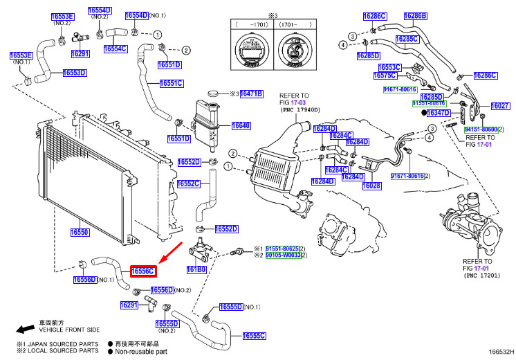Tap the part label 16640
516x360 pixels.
241,126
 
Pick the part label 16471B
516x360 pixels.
251,93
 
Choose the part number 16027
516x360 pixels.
500,106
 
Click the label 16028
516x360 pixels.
371,186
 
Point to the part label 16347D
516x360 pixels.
437,112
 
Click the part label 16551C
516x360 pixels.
172,83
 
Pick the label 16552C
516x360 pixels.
188,183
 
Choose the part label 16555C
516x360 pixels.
254,336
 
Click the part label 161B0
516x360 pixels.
196,269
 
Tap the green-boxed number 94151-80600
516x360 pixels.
480,129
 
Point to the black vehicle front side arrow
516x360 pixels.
27,329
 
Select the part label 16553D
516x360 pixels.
74,73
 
